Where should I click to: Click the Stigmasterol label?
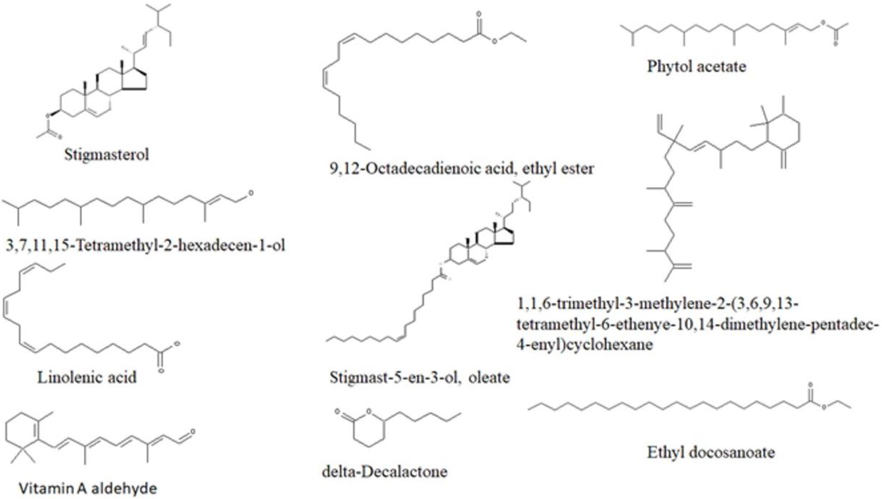tap(107, 155)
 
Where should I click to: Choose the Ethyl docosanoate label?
tap(711, 452)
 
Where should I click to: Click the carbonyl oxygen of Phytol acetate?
tap(835, 44)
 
